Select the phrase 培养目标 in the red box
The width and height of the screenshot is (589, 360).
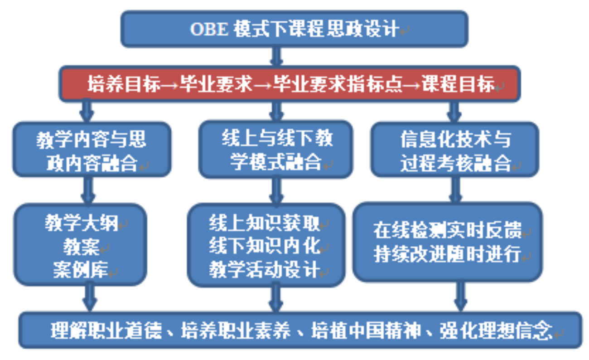coord(124,84)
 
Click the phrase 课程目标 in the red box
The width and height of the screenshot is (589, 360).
coord(459,84)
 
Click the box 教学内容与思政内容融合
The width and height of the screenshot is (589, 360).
coord(92,149)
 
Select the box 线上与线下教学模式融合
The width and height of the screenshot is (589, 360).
coord(275,149)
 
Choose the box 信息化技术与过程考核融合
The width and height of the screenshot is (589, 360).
coord(454,149)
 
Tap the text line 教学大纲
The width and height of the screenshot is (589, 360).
coord(82,223)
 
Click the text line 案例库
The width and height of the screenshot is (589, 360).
coord(81,270)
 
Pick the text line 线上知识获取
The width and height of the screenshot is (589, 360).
coord(264,223)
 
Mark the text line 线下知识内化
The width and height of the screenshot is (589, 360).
coord(264,246)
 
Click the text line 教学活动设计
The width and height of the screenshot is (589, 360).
coord(264,269)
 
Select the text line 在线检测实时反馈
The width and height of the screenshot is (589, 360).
coord(447,230)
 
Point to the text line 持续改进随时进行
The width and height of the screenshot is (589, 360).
coord(447,254)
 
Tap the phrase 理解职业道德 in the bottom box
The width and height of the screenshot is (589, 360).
coord(106,330)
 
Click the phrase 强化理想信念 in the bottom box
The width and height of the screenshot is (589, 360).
coord(496,330)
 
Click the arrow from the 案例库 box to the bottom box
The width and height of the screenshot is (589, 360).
coord(90,297)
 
